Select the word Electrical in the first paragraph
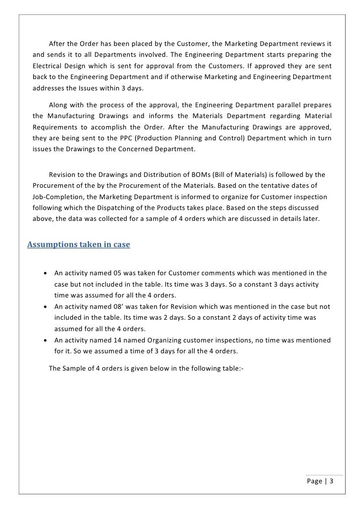[x=50, y=78]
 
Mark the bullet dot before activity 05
[x=45, y=273]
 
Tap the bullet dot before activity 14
[x=45, y=340]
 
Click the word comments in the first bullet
[x=217, y=273]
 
